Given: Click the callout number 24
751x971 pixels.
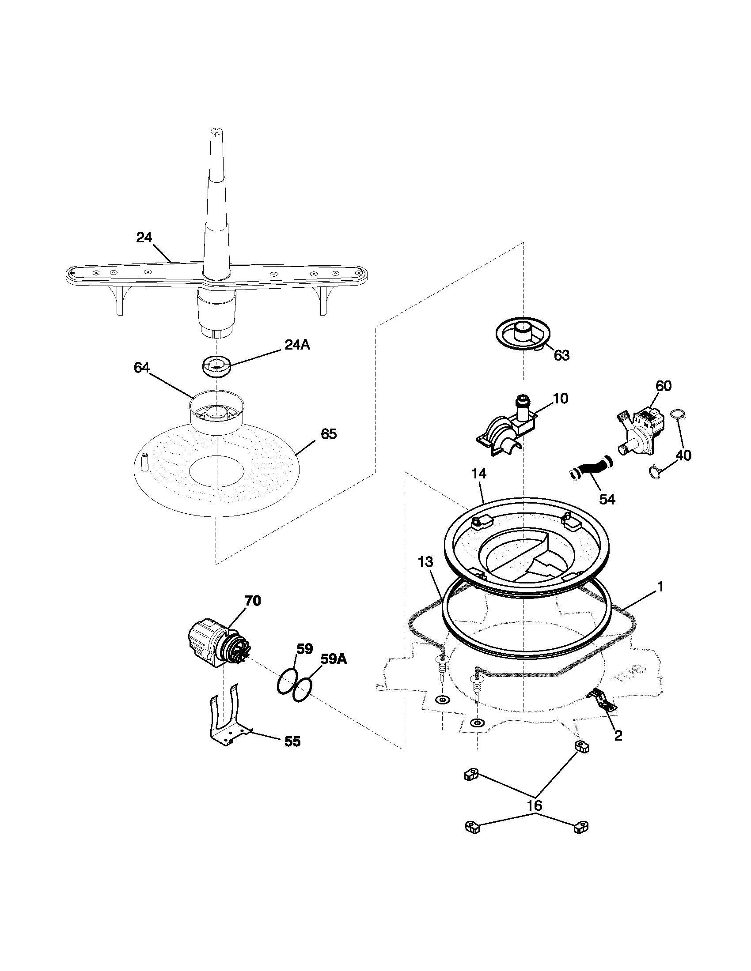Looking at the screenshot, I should [144, 238].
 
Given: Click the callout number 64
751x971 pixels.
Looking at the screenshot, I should [142, 368].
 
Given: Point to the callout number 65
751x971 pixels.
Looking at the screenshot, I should [329, 434].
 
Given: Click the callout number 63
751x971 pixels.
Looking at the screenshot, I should [561, 355].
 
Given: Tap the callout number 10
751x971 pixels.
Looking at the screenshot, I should [561, 399].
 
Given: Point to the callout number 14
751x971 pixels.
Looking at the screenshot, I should [479, 474].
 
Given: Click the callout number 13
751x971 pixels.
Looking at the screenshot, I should [425, 562].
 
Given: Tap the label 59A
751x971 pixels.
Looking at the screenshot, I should [334, 659].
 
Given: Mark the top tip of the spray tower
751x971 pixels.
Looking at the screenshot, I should [216, 130].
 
